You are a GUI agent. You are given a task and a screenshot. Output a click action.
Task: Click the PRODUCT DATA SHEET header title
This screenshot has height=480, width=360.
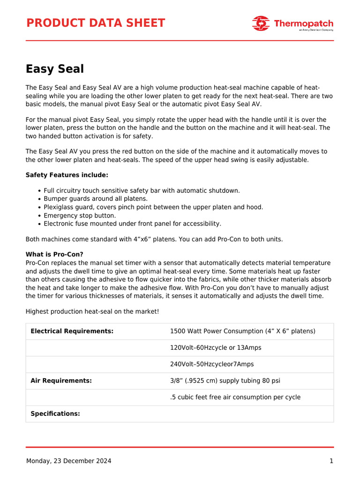95,23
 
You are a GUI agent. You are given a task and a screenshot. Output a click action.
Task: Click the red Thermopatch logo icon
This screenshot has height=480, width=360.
261,23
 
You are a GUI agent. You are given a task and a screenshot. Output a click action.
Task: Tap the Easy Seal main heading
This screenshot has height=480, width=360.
54,69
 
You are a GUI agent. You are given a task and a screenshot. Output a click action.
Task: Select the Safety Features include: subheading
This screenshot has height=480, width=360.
67,175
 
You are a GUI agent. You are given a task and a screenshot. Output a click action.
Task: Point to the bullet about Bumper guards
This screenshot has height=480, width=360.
96,199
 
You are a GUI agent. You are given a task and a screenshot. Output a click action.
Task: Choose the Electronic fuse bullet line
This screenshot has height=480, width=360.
132,224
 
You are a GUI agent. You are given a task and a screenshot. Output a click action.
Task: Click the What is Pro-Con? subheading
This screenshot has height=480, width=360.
54,255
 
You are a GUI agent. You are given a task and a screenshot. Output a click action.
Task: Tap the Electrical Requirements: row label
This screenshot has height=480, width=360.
72,331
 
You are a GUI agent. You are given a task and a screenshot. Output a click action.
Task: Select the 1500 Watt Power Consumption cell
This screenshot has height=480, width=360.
242,331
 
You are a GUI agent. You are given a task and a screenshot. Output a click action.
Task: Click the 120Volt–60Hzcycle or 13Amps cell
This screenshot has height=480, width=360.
215,348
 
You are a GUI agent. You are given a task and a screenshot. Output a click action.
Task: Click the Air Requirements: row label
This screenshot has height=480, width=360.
61,381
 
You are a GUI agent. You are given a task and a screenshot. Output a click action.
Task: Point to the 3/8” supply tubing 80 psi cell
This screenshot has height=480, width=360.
225,381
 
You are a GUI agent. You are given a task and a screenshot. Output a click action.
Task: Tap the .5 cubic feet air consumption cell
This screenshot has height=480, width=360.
235,397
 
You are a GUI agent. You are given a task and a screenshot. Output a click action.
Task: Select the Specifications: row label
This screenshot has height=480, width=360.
55,413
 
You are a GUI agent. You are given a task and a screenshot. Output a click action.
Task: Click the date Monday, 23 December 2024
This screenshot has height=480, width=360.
68,461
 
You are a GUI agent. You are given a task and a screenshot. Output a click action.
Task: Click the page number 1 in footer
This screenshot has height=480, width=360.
331,461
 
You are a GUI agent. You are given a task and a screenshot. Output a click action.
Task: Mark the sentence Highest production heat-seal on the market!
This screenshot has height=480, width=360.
92,311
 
